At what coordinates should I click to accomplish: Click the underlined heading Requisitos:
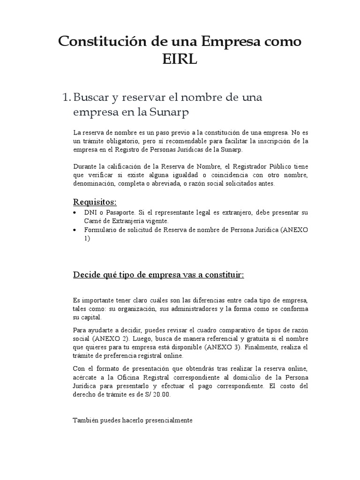[95, 202]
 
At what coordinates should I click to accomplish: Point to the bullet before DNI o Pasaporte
[76, 212]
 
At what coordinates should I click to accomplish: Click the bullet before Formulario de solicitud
[76, 230]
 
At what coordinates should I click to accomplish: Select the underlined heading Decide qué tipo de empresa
[159, 275]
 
